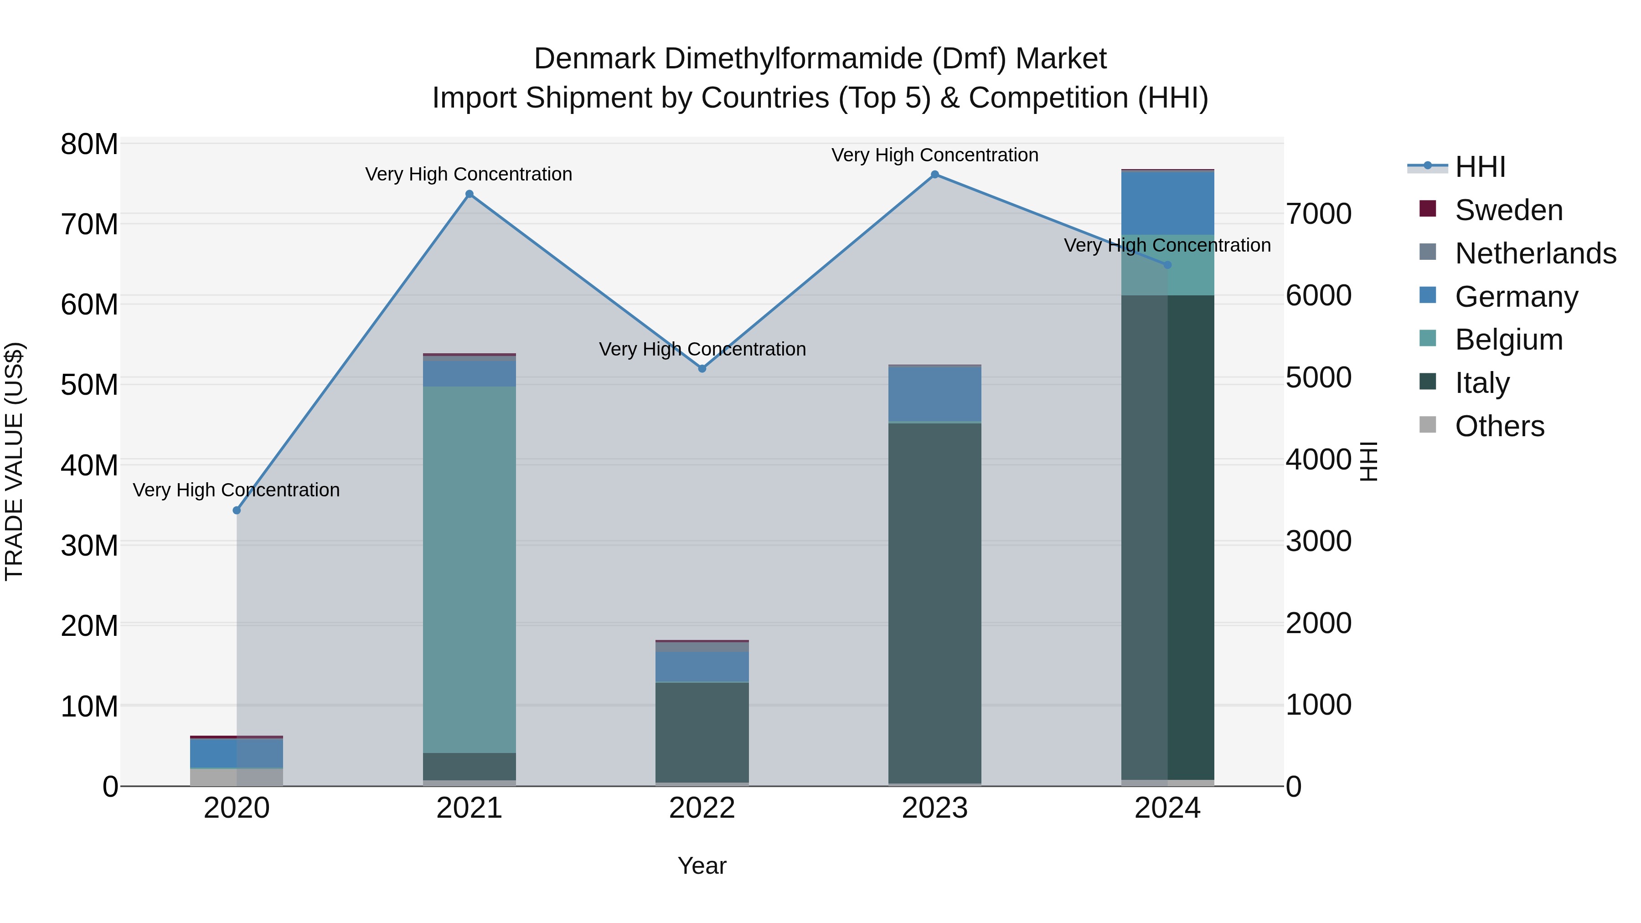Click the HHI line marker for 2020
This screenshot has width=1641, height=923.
(x=237, y=510)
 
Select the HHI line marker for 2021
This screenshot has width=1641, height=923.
(x=470, y=194)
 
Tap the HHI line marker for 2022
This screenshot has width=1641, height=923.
(x=702, y=368)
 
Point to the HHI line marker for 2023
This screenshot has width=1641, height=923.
(x=934, y=175)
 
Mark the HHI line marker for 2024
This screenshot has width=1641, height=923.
(x=1167, y=265)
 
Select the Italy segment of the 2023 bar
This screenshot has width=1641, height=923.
(x=934, y=603)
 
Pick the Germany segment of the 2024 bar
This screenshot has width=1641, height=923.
(x=1167, y=203)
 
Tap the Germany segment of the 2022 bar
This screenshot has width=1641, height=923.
(x=702, y=666)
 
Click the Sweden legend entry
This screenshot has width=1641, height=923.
(x=1508, y=210)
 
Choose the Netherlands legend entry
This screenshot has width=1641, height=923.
(x=1535, y=253)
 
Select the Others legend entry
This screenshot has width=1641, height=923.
(x=1500, y=426)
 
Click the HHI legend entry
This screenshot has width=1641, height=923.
(x=1480, y=167)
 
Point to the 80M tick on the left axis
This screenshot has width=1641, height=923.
(x=89, y=144)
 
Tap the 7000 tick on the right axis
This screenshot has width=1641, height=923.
(x=1318, y=214)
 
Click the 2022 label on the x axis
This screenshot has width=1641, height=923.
(x=702, y=808)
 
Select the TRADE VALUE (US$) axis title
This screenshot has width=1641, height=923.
(x=14, y=461)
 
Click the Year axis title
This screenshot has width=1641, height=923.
(x=702, y=866)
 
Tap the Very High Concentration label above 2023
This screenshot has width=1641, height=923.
(x=934, y=155)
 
